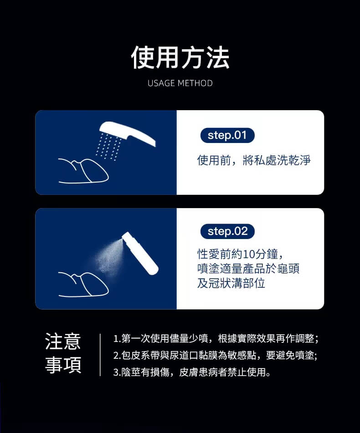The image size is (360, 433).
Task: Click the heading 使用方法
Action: [x=180, y=57]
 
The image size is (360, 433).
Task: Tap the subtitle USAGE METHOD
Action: [x=180, y=83]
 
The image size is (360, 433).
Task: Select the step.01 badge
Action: [x=227, y=135]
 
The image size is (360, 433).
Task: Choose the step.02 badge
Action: [x=227, y=231]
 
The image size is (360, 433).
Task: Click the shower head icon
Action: [x=128, y=132]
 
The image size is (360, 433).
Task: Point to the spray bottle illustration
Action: [x=140, y=253]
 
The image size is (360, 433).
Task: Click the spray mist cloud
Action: [x=108, y=257]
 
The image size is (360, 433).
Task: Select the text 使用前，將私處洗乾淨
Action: [x=254, y=160]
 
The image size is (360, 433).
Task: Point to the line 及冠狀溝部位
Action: [x=231, y=283]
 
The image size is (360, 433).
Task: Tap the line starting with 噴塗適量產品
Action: [x=248, y=269]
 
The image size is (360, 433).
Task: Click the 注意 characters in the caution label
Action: [x=63, y=341]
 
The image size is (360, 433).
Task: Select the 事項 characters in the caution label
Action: [x=63, y=365]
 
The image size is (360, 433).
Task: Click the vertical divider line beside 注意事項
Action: [x=100, y=355]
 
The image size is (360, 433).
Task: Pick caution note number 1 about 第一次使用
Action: [x=216, y=338]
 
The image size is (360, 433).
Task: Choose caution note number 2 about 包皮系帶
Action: [x=216, y=356]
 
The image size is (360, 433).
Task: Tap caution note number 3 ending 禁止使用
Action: [x=192, y=372]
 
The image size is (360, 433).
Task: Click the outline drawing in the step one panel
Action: [x=83, y=171]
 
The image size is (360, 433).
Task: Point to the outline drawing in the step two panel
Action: [x=83, y=285]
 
